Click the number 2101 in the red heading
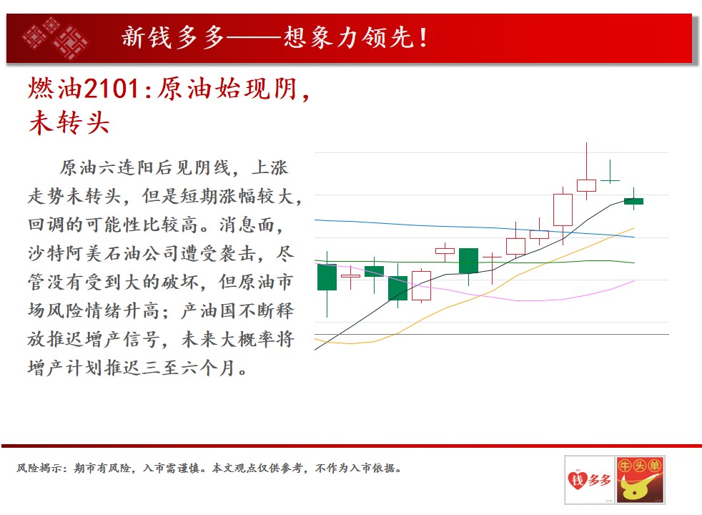[112, 89]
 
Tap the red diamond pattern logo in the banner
[54, 38]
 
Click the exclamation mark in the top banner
[423, 37]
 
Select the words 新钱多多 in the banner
[173, 37]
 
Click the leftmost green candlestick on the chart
[327, 278]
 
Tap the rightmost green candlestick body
[633, 201]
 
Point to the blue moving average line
[475, 227]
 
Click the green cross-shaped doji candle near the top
[610, 180]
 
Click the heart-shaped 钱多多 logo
[589, 480]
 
